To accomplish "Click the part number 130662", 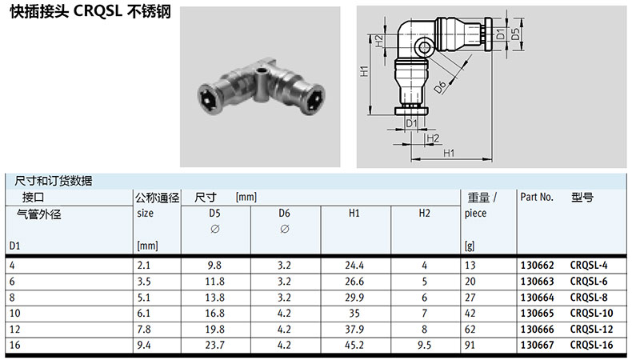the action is tap(538, 266).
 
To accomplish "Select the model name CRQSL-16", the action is tap(591, 345).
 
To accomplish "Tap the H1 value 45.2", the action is tap(354, 345).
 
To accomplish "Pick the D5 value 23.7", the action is tap(214, 345).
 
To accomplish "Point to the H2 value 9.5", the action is tap(424, 345).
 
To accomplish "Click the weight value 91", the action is tap(470, 345).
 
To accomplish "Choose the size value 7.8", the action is tap(144, 330).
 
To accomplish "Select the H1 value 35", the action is tap(354, 314).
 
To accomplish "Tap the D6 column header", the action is tap(284, 214).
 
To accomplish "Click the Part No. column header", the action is tap(537, 197).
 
